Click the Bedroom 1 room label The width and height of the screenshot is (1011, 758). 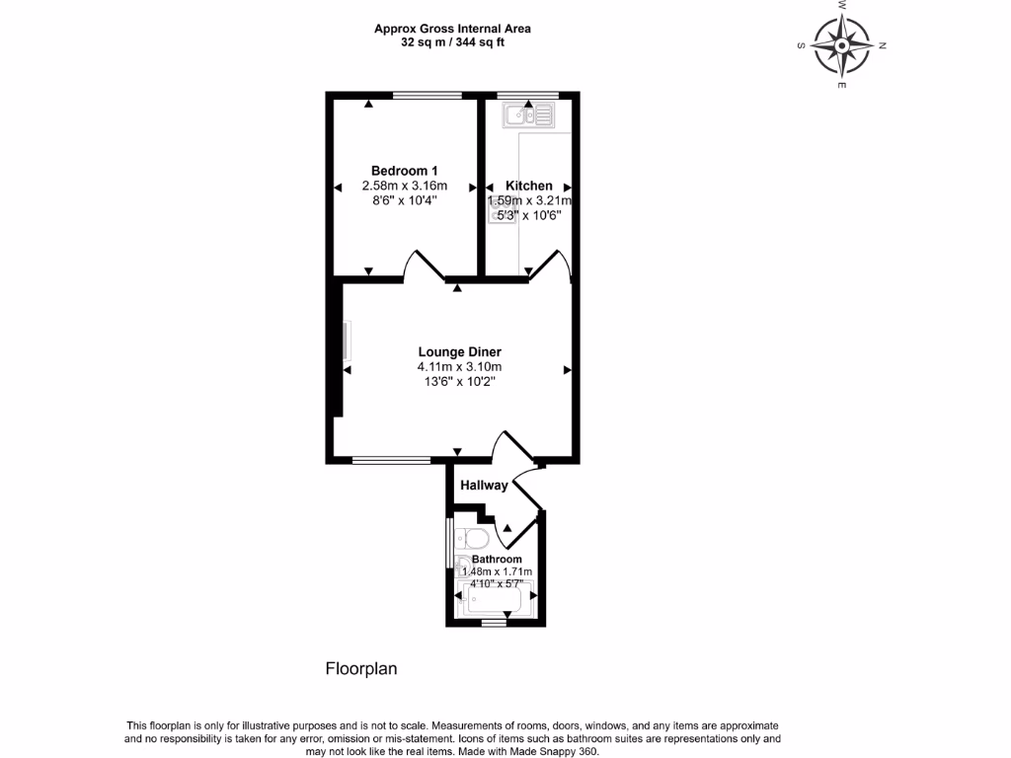405,170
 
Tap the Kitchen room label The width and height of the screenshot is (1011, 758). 529,186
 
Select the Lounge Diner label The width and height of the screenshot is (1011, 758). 459,352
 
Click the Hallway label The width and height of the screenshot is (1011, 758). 484,485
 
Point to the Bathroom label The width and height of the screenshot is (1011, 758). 497,559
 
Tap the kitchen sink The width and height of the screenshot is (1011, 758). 529,116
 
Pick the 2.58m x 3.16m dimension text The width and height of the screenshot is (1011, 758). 405,186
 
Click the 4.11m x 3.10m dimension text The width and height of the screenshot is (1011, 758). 459,367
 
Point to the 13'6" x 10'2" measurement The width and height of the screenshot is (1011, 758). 459,382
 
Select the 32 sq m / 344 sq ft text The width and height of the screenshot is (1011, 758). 458,42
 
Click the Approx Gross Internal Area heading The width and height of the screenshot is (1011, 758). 458,29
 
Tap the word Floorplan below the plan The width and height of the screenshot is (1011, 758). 361,668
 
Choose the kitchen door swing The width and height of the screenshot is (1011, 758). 551,265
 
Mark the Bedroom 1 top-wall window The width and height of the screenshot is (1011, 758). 427,96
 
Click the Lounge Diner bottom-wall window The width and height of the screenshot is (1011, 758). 391,460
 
